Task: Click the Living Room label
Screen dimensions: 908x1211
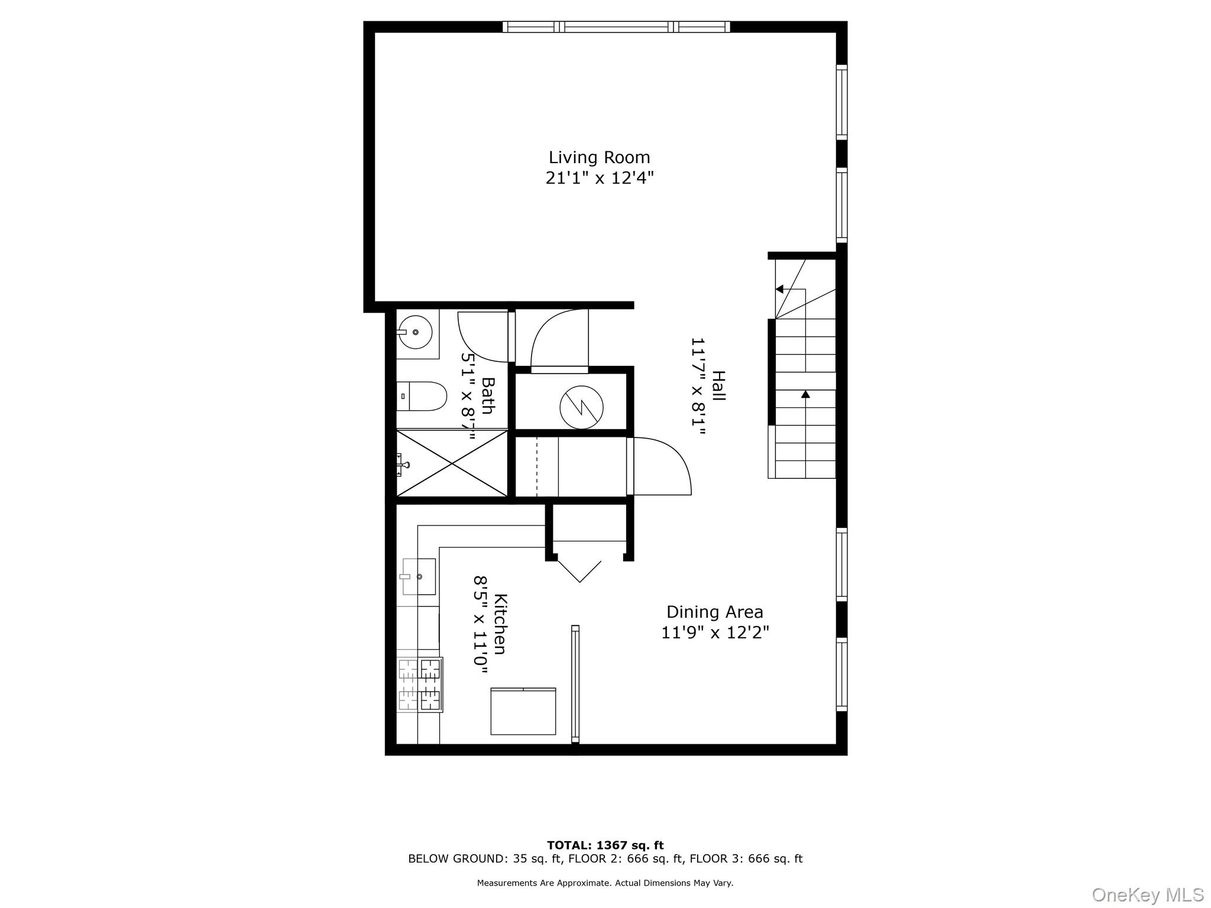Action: (x=599, y=158)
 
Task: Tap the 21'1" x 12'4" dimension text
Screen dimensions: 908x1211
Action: (x=599, y=178)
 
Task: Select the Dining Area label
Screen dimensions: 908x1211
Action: (x=714, y=612)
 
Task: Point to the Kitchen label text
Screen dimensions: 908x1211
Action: (x=500, y=624)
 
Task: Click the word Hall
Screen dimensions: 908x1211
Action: (x=718, y=386)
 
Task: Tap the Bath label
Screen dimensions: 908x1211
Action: (x=487, y=396)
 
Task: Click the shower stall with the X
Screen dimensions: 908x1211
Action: (x=452, y=463)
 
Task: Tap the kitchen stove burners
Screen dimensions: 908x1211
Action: (x=420, y=685)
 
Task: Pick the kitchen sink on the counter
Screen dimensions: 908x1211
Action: (x=419, y=576)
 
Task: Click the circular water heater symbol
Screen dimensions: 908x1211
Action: (x=581, y=407)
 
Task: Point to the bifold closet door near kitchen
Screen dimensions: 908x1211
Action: (x=579, y=570)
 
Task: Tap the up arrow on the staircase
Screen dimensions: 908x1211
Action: (x=805, y=394)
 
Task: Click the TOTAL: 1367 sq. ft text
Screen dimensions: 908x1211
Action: (x=605, y=845)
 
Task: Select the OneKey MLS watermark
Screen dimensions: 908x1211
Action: (x=1147, y=895)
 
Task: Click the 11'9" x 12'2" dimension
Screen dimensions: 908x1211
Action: (x=714, y=633)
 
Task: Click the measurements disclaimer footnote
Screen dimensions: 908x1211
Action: (x=605, y=883)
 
